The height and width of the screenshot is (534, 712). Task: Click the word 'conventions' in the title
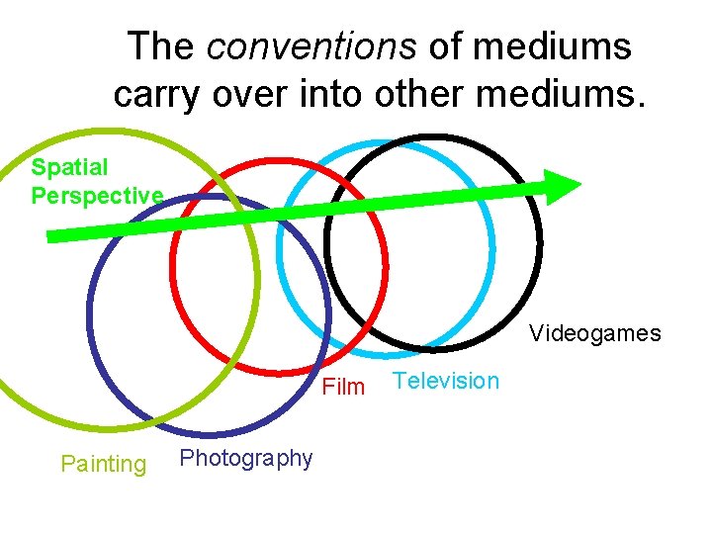[x=298, y=46]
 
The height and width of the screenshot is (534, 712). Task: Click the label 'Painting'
[x=103, y=463]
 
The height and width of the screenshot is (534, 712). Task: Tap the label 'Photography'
[x=246, y=458]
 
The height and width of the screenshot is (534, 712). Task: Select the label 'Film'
[x=343, y=387]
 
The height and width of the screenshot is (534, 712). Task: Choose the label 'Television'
[x=446, y=381]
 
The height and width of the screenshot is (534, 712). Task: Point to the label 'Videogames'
[x=594, y=333]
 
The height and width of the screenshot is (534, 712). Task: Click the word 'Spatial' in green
[x=69, y=167]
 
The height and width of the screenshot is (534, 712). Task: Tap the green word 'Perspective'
[x=97, y=195]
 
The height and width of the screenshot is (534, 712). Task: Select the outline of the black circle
[x=540, y=237]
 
